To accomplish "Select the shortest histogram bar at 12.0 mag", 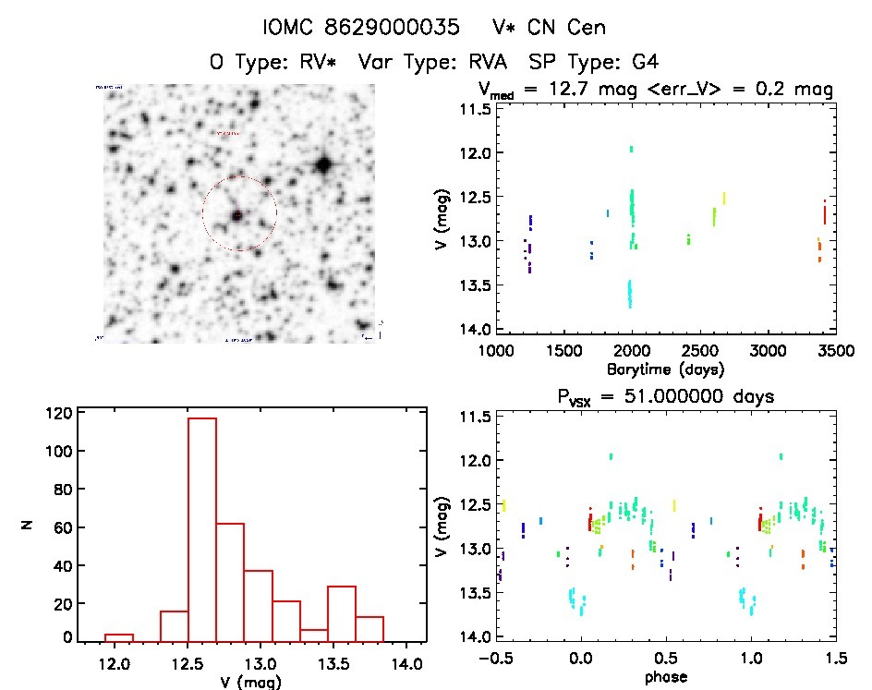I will coord(118,636).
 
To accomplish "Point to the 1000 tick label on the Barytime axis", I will coord(496,352).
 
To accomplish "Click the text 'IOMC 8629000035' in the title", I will coord(361,28).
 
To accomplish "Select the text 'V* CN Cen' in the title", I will coord(550,28).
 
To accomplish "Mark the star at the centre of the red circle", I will coord(237,214).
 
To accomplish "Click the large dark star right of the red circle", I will coord(323,165).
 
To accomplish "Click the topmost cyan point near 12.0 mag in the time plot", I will coord(631,148).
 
